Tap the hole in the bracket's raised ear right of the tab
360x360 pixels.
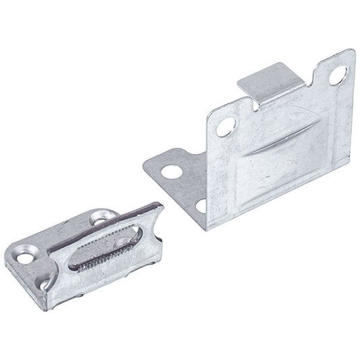click(x=336, y=75)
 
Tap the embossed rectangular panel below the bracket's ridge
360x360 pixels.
click(x=284, y=182)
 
